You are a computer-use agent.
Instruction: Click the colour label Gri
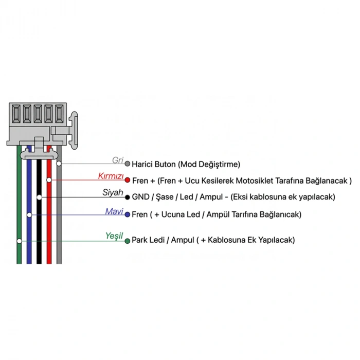(118, 160)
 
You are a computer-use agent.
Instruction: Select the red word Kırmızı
(111, 176)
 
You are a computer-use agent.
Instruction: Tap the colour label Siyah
(113, 192)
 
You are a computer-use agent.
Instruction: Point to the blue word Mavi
(114, 211)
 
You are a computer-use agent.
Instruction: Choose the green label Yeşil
(114, 236)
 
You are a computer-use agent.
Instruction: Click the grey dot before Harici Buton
(128, 164)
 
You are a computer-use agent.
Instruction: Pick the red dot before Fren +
(128, 180)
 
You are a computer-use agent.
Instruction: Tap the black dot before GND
(128, 197)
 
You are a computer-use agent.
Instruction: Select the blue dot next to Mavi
(128, 214)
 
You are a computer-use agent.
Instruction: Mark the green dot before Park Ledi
(128, 241)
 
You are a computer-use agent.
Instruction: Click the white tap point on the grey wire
(59, 164)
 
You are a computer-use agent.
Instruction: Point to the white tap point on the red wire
(49, 180)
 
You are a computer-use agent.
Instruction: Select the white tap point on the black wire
(39, 197)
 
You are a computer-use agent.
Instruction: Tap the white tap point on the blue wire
(29, 215)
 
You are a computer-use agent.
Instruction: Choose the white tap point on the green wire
(20, 241)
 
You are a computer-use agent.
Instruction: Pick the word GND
(141, 197)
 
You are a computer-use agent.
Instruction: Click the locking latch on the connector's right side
(74, 131)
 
